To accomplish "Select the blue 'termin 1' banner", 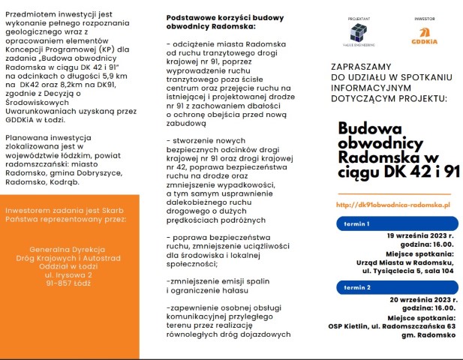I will click(x=394, y=223).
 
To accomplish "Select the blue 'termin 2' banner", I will click(x=394, y=286).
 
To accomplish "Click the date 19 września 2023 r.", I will click(x=421, y=235).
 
